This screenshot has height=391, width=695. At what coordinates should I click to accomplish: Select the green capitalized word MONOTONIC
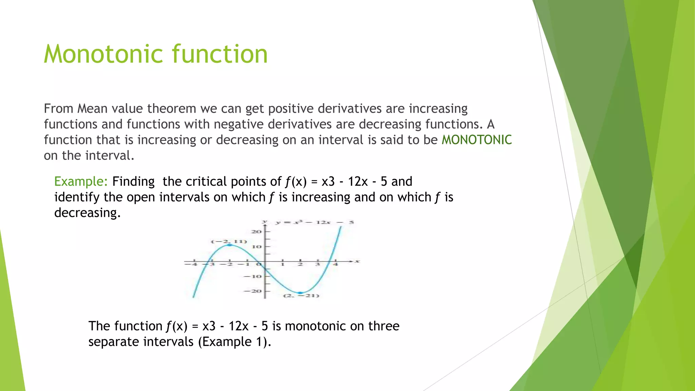[476, 140]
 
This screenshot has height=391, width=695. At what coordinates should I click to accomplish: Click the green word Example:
[81, 182]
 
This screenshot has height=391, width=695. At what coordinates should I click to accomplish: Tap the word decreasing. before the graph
[88, 213]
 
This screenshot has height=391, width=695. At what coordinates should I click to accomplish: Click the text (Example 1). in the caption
[234, 342]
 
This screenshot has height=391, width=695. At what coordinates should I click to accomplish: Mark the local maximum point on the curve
[230, 245]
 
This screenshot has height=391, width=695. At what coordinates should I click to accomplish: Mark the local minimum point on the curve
[300, 293]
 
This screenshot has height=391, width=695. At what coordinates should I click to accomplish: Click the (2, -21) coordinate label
[301, 296]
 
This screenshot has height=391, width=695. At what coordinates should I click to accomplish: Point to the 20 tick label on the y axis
[256, 231]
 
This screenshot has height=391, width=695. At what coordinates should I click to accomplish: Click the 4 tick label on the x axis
[335, 264]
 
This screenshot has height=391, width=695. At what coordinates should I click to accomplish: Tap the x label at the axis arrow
[357, 261]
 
